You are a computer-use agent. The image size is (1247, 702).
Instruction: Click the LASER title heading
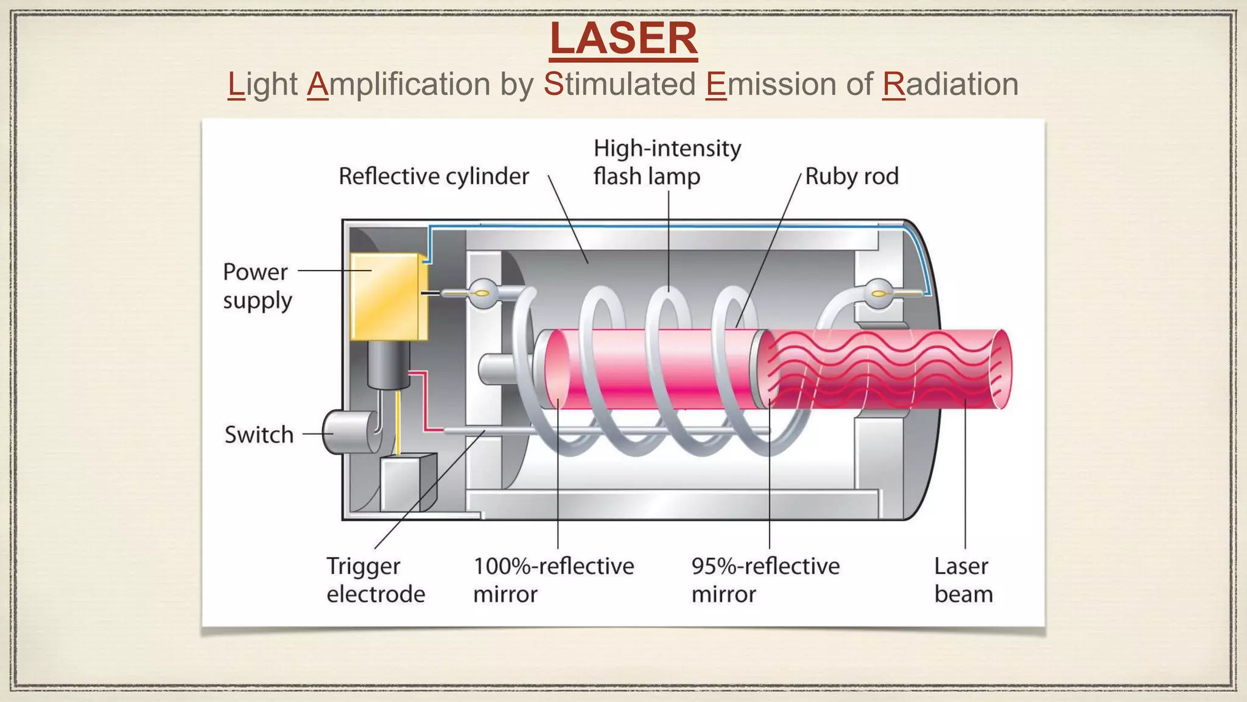pos(623,39)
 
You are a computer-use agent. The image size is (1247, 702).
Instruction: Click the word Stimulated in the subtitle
pos(619,84)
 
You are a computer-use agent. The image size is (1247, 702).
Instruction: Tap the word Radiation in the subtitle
pos(950,84)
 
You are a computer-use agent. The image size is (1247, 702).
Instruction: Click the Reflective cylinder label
pos(434,177)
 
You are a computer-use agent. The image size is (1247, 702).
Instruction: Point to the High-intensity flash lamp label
pos(667,162)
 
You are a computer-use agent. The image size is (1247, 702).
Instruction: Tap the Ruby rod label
pos(851,177)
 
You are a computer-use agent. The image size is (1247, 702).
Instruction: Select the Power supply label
pos(256,286)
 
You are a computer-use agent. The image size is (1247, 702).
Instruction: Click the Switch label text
pos(259,435)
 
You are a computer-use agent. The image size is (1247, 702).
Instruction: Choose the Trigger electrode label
pos(375,580)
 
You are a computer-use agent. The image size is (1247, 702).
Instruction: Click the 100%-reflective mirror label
pos(553,580)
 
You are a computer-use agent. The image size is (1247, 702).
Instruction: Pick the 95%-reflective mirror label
pos(765,580)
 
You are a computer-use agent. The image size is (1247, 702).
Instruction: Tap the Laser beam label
pos(963,580)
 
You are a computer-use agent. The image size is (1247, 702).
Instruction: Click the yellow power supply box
pos(387,297)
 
